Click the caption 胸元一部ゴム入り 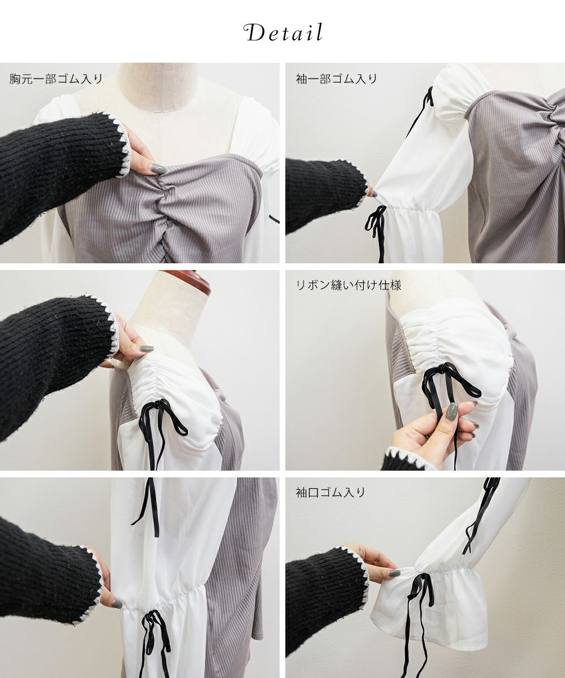56,79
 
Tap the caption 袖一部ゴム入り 336,79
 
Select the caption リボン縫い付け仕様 349,285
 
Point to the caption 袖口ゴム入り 330,493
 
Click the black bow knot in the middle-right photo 442,368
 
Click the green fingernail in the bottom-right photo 399,573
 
